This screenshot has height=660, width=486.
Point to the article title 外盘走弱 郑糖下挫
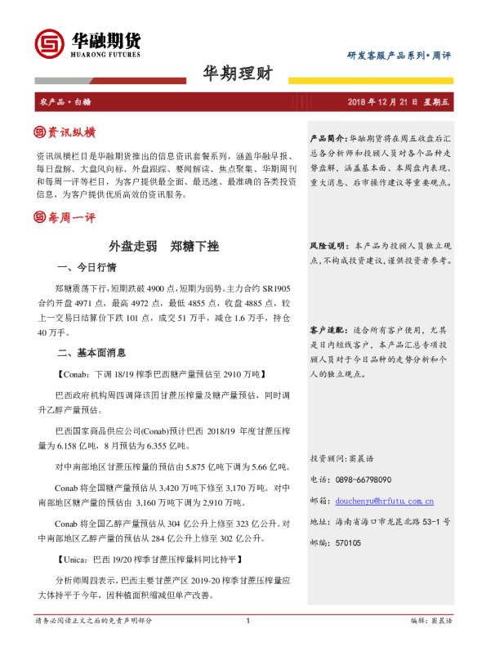click(163, 246)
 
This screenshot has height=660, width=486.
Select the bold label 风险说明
click(328, 246)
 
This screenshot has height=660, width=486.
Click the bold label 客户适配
click(328, 330)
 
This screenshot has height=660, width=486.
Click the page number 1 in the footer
click(246, 644)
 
